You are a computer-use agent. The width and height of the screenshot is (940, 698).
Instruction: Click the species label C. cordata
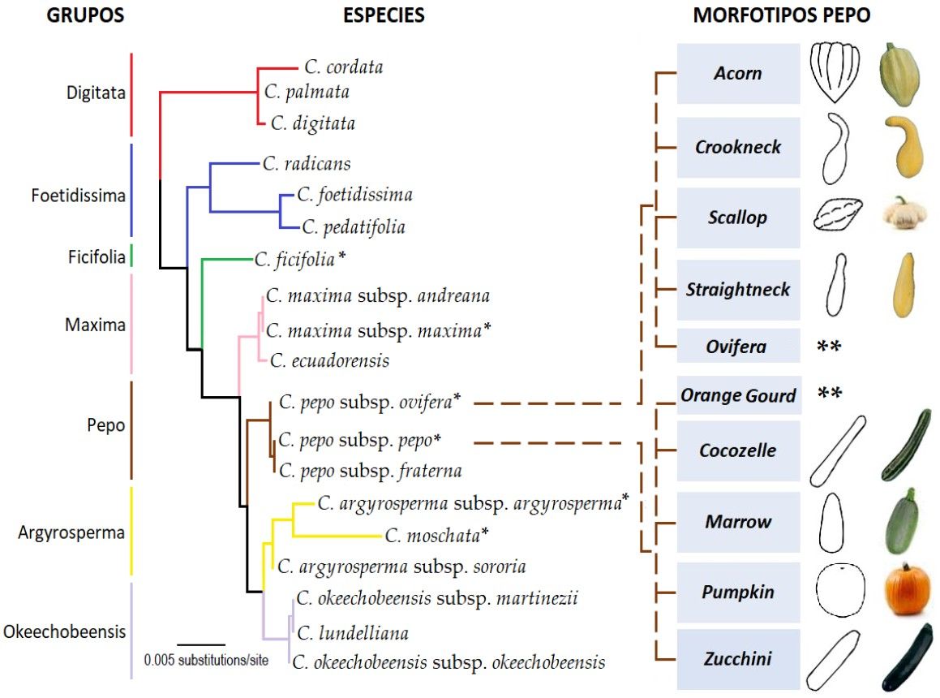pos(344,67)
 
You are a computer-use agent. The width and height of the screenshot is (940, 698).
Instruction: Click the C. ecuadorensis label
pos(329,360)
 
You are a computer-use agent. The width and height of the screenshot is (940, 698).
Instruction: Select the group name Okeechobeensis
pos(63,631)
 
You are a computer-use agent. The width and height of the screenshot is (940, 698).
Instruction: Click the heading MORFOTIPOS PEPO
pos(781,15)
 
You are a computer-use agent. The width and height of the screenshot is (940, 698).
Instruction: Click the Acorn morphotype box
pos(738,74)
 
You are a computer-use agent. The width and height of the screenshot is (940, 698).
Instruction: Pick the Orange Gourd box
pos(738,396)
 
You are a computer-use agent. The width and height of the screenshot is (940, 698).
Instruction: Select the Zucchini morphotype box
pos(738,659)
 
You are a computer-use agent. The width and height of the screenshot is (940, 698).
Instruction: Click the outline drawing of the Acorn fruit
pos(836,72)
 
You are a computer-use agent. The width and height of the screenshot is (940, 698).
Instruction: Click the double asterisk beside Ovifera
pos(830,347)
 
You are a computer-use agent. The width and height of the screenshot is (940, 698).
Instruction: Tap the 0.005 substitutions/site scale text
pos(206,660)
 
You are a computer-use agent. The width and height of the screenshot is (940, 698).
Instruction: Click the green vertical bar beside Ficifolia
pos(131,256)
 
